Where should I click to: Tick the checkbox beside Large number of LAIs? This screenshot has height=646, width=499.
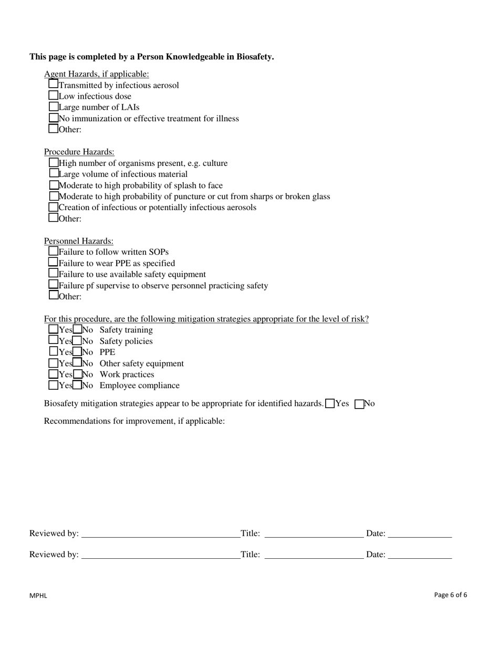click(x=54, y=107)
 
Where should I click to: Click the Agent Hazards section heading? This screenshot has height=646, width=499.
click(x=96, y=74)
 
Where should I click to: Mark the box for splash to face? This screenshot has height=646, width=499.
click(x=54, y=185)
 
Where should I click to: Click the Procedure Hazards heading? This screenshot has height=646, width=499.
click(x=79, y=152)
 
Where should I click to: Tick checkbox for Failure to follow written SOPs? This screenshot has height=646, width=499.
click(x=54, y=251)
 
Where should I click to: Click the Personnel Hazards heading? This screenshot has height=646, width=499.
click(x=78, y=241)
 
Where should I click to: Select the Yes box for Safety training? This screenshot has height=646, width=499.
click(x=54, y=329)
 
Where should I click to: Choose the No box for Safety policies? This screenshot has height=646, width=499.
click(x=77, y=341)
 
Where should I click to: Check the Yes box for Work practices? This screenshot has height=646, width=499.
click(x=54, y=374)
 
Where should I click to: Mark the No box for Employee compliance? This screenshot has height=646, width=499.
click(x=77, y=385)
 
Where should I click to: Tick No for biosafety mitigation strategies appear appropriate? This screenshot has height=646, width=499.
click(x=360, y=404)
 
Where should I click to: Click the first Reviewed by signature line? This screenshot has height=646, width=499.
click(x=160, y=534)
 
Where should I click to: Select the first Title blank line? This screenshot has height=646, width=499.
click(x=314, y=534)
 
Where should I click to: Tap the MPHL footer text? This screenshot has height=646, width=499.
click(x=38, y=596)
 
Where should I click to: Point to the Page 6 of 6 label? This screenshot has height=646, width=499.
click(x=451, y=595)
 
